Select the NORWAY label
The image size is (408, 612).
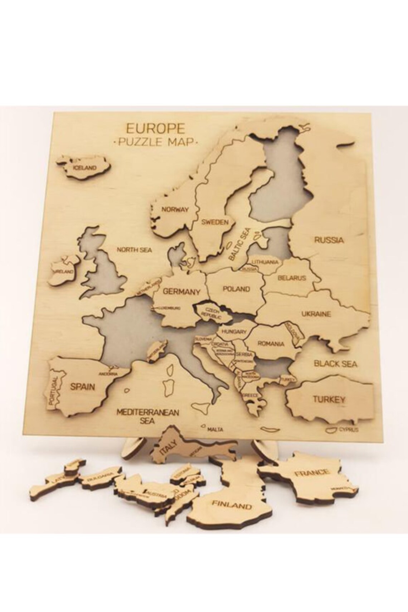tap(175, 210)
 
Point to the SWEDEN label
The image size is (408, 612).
tap(215, 222)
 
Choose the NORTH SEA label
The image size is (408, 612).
tap(135, 249)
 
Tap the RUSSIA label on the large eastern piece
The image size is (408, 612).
tap(329, 240)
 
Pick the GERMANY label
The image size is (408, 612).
tap(181, 291)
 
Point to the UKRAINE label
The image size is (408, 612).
tap(316, 314)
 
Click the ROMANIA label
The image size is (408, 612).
tap(271, 344)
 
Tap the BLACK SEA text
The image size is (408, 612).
tap(335, 364)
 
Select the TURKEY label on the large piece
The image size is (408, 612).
tap(329, 399)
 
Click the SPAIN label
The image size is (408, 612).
tap(82, 387)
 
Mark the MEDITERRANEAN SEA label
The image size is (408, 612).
tap(147, 416)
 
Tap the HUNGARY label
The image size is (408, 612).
tap(234, 332)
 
